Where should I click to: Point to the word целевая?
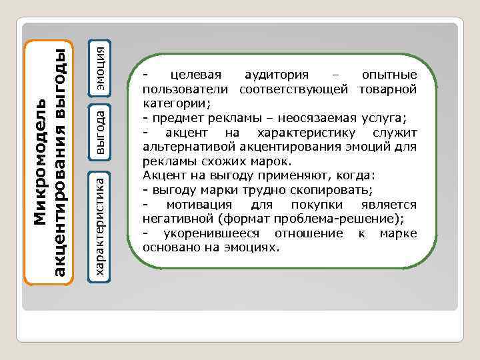click(195, 74)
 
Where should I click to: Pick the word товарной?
click(389, 89)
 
